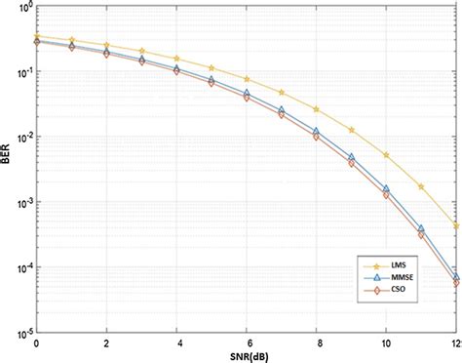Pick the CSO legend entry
[x=395, y=290]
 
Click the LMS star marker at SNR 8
[x=317, y=108]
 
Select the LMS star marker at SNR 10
[x=387, y=155]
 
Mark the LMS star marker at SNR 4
[x=177, y=59]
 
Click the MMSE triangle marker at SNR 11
[x=422, y=227]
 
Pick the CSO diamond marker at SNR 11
[x=422, y=234]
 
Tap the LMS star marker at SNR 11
[x=422, y=186]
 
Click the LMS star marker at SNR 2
[x=107, y=45]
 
